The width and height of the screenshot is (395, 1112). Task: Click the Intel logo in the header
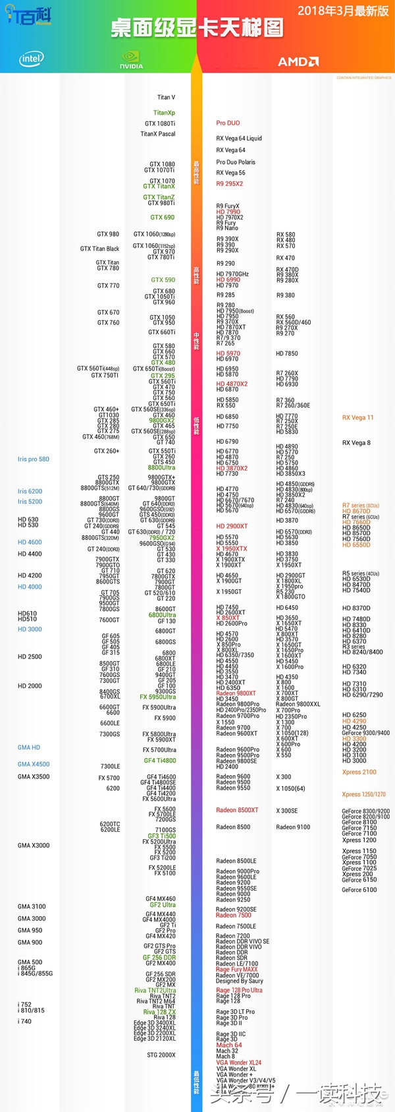[x=31, y=59]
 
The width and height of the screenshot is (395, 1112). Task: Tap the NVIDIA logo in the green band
[x=131, y=61]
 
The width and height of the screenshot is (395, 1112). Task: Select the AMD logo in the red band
[x=298, y=61]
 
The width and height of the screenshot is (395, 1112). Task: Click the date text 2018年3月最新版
[x=343, y=11]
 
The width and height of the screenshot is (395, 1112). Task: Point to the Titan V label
[x=166, y=98]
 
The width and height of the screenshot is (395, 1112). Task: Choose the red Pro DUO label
[x=228, y=123]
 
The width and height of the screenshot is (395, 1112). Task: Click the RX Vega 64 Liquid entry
[x=239, y=138]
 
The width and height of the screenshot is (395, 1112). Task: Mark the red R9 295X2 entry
[x=229, y=184]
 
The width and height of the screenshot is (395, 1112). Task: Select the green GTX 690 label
[x=163, y=218]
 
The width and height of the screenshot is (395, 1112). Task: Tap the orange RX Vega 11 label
[x=357, y=418]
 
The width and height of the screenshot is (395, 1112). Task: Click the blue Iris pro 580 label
[x=34, y=459]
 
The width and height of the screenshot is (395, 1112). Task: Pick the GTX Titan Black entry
[x=99, y=249]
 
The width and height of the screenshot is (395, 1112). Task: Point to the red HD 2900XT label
[x=232, y=527]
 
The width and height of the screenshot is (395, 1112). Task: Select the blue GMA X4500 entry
[x=34, y=765]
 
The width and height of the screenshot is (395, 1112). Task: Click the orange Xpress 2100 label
[x=359, y=772]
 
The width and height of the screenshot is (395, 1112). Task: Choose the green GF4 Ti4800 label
[x=160, y=761]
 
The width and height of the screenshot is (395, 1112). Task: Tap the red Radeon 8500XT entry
[x=237, y=810]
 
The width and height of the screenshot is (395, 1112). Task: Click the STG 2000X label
[x=161, y=1055]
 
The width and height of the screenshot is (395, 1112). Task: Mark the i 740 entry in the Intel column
[x=24, y=1021]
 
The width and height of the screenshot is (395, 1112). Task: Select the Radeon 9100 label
[x=293, y=827]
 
